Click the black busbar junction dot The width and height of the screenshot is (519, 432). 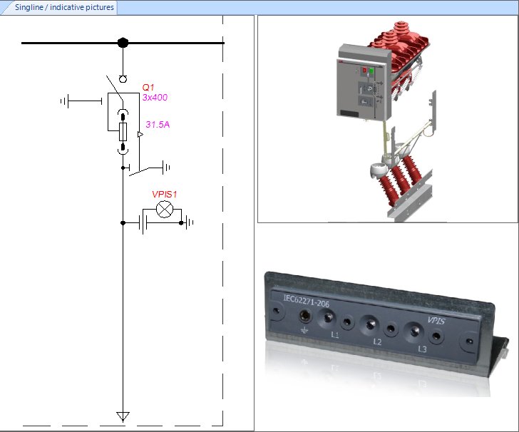point(123,43)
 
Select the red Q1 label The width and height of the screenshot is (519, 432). point(148,88)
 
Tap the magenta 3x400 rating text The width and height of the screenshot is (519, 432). point(155,98)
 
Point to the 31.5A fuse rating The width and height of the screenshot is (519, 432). point(158,125)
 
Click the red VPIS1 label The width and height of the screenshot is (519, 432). point(164,194)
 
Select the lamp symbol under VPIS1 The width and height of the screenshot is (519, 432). point(165,210)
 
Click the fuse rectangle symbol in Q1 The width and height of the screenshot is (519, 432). point(123,132)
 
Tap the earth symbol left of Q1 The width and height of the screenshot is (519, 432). point(65,101)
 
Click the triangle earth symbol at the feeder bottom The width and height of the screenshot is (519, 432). point(123,416)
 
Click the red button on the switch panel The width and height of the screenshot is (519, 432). point(365,71)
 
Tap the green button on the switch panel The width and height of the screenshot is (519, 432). point(371,71)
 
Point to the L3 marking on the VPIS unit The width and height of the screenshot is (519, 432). point(423,349)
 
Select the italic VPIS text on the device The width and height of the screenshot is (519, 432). point(436,321)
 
